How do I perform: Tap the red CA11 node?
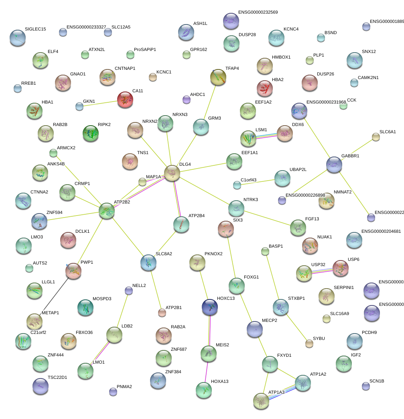click(125, 100)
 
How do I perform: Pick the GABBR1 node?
click(334, 165)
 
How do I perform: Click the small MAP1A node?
click(142, 182)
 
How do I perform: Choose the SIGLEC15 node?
click(17, 37)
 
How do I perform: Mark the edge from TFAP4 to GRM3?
click(210, 102)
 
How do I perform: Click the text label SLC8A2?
click(164, 254)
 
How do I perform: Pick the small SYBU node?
click(309, 343)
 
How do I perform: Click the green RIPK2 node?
click(91, 134)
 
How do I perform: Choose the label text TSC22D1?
click(57, 378)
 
